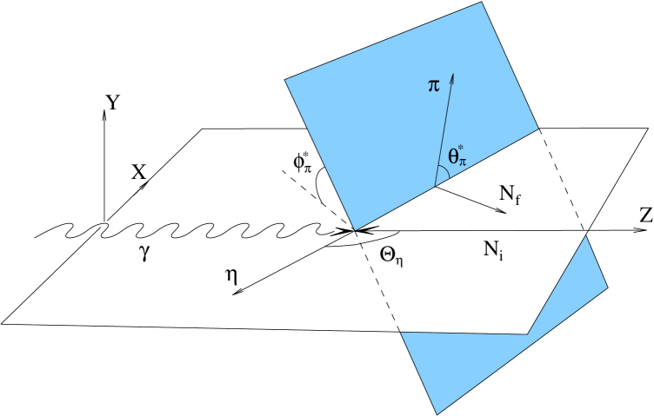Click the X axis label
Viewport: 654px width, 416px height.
[x=138, y=172]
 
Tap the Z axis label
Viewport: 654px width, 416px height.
[x=644, y=218]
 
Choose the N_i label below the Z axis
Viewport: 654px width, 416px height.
[x=495, y=251]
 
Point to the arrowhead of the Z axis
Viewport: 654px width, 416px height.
[x=631, y=231]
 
